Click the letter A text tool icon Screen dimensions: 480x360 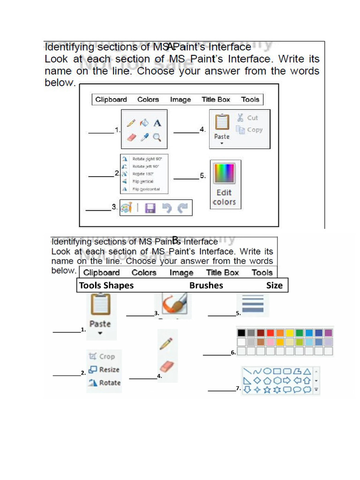[x=157, y=123]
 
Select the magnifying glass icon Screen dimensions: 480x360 [x=157, y=137]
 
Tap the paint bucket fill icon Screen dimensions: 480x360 [x=144, y=122]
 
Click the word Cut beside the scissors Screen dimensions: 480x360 [x=252, y=118]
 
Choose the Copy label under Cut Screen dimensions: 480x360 [x=255, y=130]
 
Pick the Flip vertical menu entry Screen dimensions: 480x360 [x=142, y=181]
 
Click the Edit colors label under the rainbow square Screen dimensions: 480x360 [x=224, y=197]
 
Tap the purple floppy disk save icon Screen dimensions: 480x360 [x=150, y=208]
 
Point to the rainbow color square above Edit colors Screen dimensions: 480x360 [x=224, y=173]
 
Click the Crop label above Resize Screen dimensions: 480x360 [x=106, y=357]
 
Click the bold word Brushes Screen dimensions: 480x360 [x=206, y=285]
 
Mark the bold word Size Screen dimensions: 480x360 [x=274, y=285]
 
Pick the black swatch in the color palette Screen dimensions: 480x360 [x=241, y=333]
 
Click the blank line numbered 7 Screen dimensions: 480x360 [x=222, y=390]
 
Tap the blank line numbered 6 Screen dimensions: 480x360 [x=217, y=354]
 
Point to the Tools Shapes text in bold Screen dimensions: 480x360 [x=106, y=285]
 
